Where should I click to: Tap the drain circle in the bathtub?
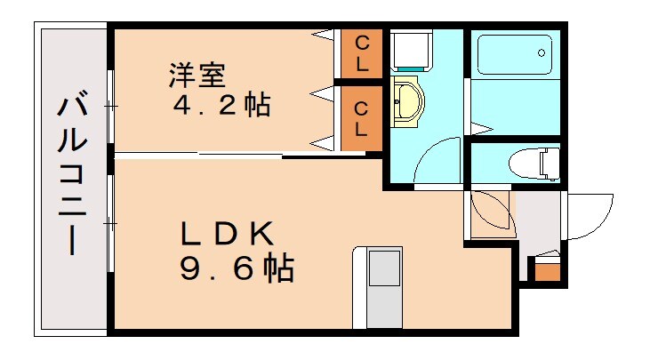pos(542,52)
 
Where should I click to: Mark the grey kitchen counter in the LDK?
pos(385,289)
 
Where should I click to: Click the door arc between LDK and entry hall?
pos(489,213)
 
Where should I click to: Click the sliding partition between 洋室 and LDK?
pos(240,156)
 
